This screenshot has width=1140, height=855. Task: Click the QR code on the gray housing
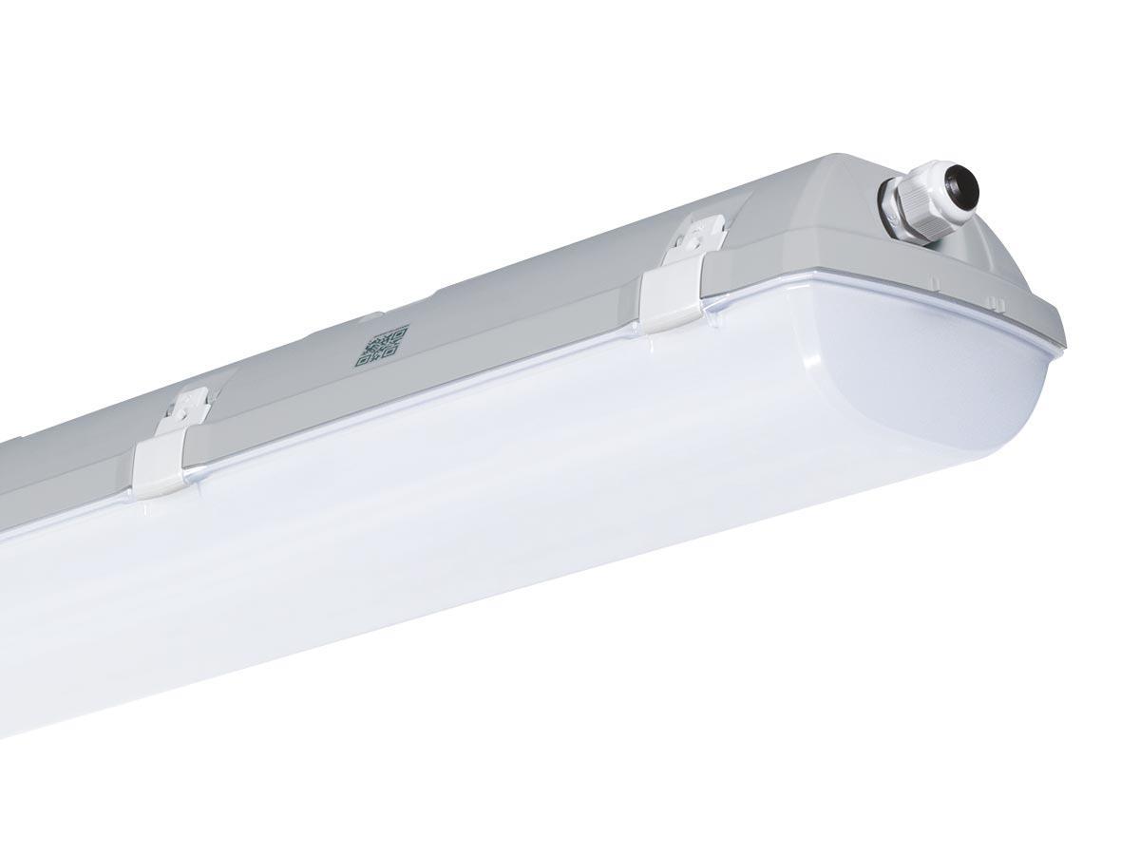(x=382, y=346)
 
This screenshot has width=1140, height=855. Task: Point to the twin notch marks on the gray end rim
(x=994, y=305)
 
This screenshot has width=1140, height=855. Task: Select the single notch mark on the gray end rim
(x=935, y=283)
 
